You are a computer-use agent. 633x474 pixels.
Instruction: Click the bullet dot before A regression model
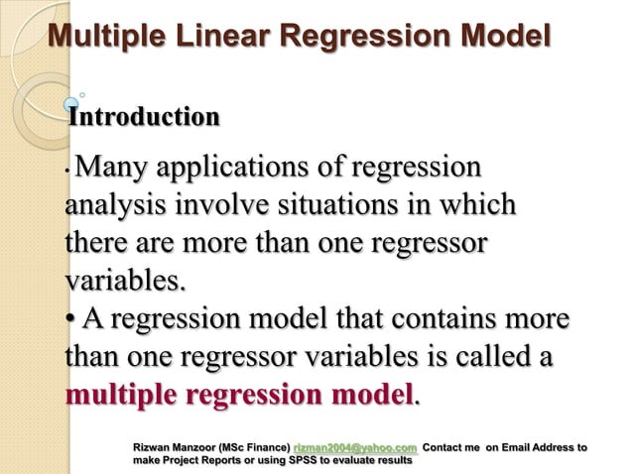click(70, 322)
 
